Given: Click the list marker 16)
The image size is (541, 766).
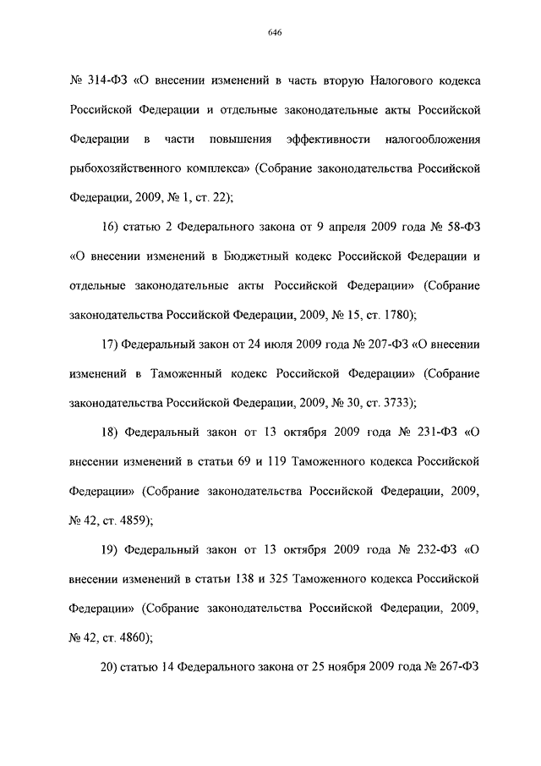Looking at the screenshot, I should tap(111, 227).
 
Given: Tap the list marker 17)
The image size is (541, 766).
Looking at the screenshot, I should tap(111, 344).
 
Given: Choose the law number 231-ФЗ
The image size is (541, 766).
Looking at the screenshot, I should tap(431, 433).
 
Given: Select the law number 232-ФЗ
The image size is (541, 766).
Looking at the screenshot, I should tap(431, 550).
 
